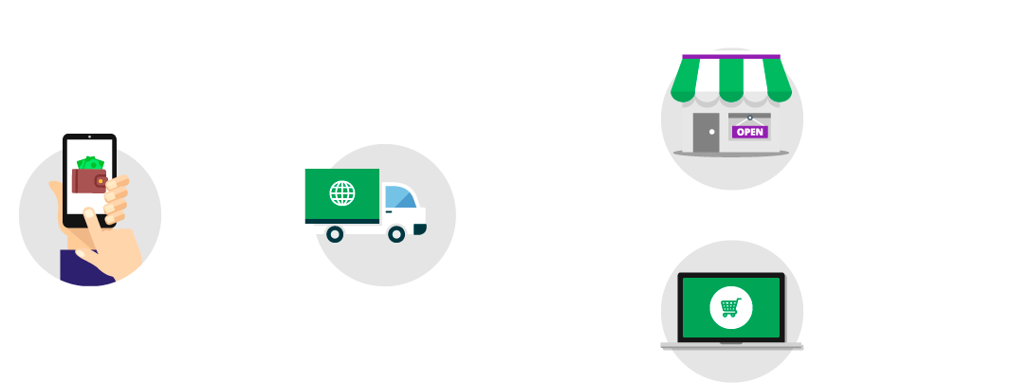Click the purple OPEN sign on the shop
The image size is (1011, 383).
coord(749,132)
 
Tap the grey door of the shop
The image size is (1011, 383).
coord(706,132)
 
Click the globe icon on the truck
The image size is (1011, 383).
coord(341,193)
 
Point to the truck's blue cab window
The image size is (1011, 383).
coord(402,197)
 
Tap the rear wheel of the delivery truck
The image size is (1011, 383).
coord(334,233)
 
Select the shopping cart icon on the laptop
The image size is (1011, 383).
coord(730,307)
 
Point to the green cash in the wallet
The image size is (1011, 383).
coord(91,162)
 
